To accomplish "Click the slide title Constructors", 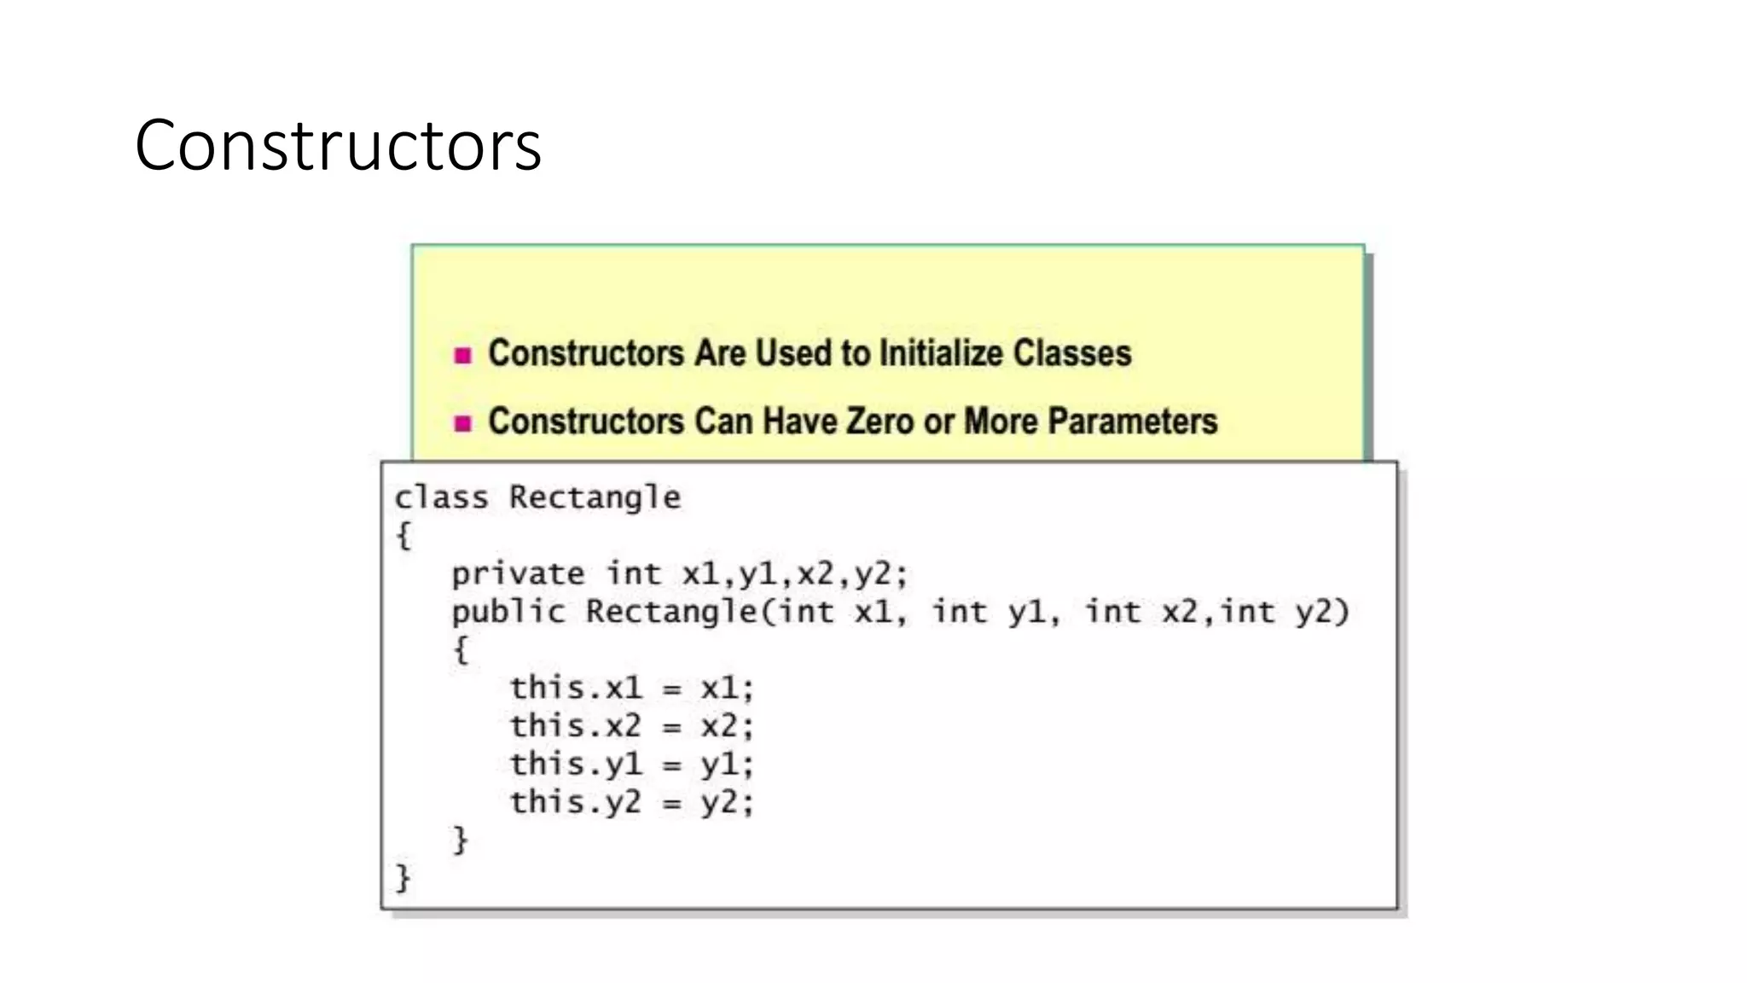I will click(x=338, y=146).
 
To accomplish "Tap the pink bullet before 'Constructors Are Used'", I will click(x=463, y=355).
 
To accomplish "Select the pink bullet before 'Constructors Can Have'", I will click(x=463, y=423).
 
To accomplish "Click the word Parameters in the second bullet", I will click(x=1132, y=422).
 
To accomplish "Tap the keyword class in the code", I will click(x=441, y=497).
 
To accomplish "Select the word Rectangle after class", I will click(x=595, y=497).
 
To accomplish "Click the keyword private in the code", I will click(x=517, y=573).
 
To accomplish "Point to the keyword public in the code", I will click(x=508, y=612).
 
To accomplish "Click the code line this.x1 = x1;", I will click(x=631, y=688).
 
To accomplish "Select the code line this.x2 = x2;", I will click(x=631, y=726).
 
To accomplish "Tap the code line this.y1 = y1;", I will click(x=631, y=764).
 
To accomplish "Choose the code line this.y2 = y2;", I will click(x=631, y=802).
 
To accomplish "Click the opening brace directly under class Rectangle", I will click(x=403, y=536).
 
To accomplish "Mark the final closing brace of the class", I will click(x=403, y=878).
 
